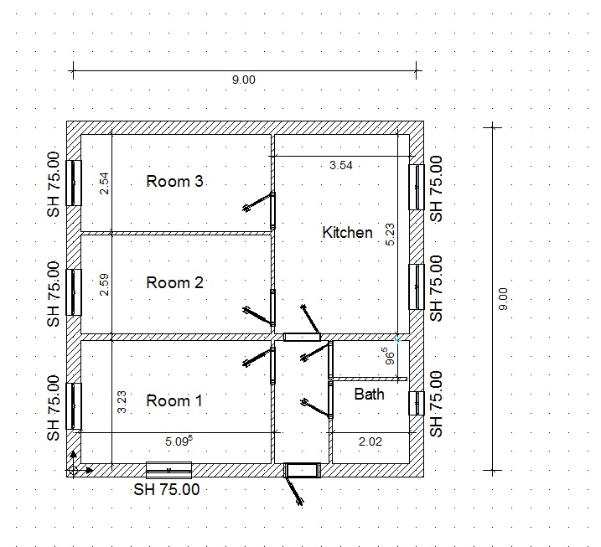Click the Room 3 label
[174, 181]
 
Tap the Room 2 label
[174, 282]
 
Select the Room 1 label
[174, 400]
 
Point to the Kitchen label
[347, 233]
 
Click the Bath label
[369, 395]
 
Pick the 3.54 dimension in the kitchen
[341, 165]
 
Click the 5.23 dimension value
[390, 235]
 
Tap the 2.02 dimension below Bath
[370, 441]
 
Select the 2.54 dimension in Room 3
[104, 183]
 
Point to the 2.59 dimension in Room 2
[104, 285]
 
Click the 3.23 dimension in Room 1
[122, 402]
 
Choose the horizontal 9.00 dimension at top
[243, 80]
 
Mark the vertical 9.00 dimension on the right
[504, 299]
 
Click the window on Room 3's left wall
[74, 183]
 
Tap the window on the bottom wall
[168, 471]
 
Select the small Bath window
[417, 403]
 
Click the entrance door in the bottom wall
[302, 471]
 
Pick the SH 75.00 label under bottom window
[167, 489]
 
